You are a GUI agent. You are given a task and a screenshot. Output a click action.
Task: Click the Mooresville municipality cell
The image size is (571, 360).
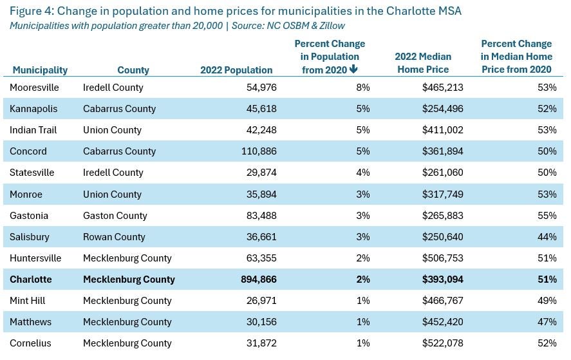pyautogui.click(x=34, y=88)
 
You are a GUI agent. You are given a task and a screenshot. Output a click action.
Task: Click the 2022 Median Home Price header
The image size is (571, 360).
pyautogui.click(x=423, y=63)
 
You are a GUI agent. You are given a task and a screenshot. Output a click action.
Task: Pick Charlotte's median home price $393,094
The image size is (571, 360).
pyautogui.click(x=443, y=279)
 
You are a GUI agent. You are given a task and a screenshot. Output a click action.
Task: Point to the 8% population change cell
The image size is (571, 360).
pyautogui.click(x=363, y=88)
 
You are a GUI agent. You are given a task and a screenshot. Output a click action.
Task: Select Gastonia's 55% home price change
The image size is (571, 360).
pyautogui.click(x=547, y=215)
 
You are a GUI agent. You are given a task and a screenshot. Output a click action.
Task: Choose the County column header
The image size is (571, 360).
pyautogui.click(x=133, y=70)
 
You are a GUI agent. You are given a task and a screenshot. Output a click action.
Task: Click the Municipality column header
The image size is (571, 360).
pyautogui.click(x=40, y=70)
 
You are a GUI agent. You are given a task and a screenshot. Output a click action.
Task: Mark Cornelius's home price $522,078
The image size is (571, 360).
pyautogui.click(x=443, y=343)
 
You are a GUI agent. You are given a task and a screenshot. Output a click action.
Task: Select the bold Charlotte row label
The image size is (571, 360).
pyautogui.click(x=31, y=279)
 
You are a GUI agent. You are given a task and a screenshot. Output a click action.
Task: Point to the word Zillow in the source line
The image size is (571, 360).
pyautogui.click(x=330, y=26)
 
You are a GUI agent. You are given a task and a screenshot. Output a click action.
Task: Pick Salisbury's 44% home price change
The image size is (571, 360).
pyautogui.click(x=547, y=236)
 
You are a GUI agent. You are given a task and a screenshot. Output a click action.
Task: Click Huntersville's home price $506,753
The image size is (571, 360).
pyautogui.click(x=443, y=258)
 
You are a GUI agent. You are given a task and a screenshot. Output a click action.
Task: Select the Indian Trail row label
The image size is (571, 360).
pyautogui.click(x=33, y=130)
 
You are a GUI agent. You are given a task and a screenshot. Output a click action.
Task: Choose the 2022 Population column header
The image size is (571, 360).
pyautogui.click(x=236, y=70)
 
